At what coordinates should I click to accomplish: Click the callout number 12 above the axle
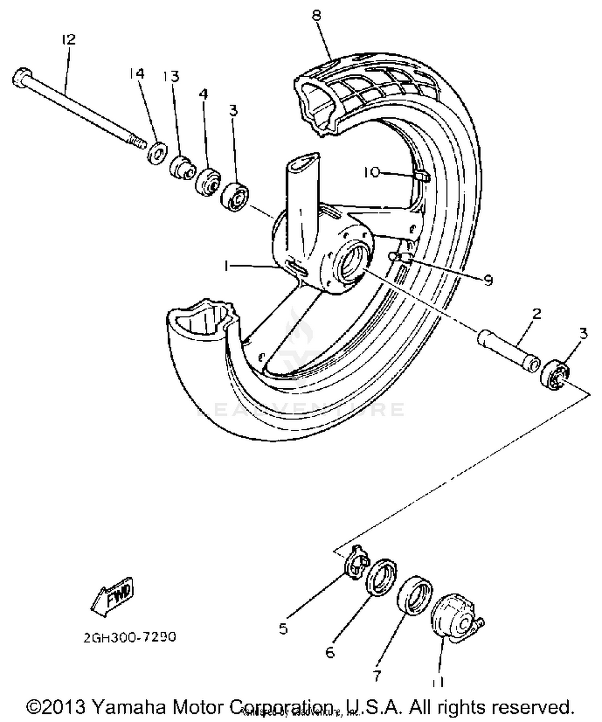[x=69, y=40]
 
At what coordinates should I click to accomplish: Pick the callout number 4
[x=204, y=94]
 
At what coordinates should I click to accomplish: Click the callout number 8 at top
[x=317, y=16]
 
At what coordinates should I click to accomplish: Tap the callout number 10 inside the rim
[x=371, y=172]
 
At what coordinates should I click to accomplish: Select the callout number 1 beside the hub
[x=228, y=265]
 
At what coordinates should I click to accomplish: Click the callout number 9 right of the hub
[x=488, y=280]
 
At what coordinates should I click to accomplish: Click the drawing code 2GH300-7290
[x=130, y=637]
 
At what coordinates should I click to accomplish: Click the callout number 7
[x=376, y=676]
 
